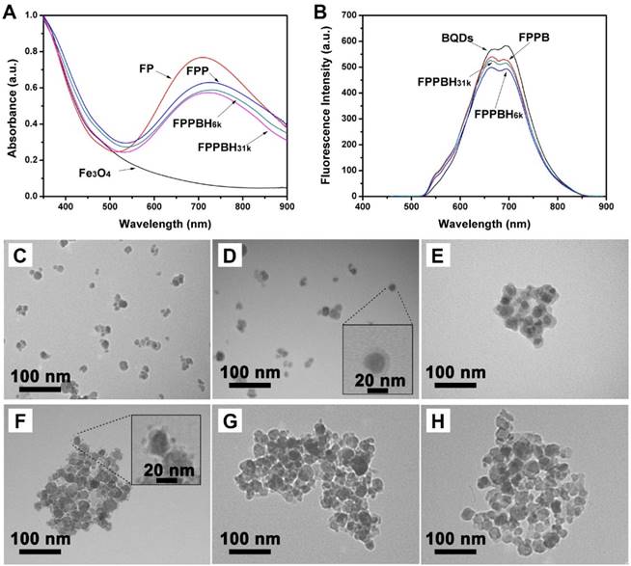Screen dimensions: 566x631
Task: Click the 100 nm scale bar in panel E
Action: click(451, 383)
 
